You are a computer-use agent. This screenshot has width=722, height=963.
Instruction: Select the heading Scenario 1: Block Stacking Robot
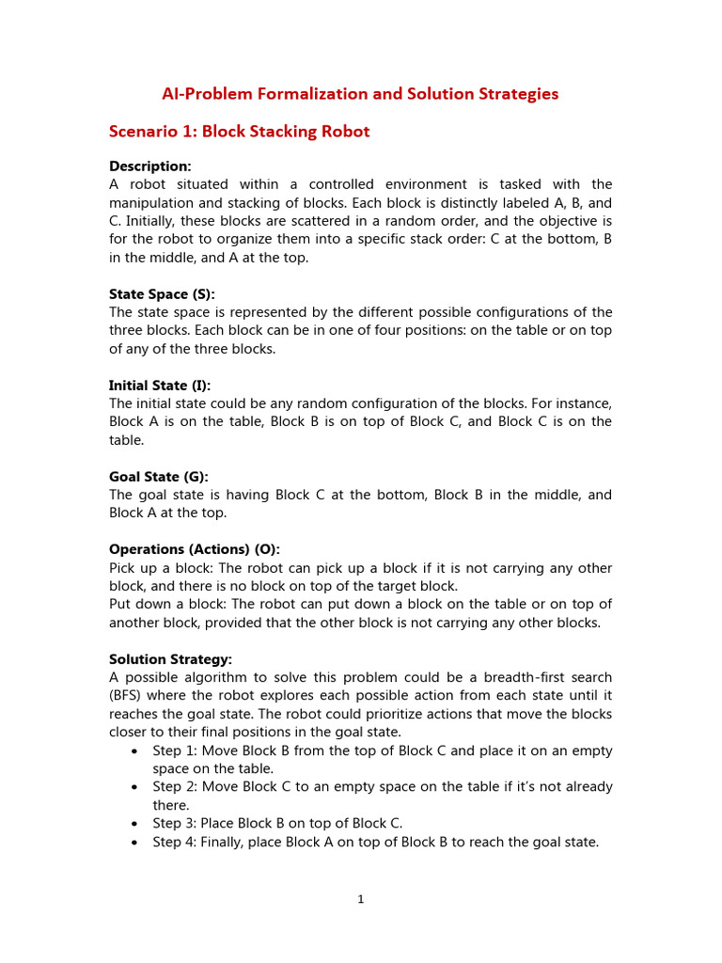tap(240, 131)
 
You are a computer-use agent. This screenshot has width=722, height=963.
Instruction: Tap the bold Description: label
tap(150, 166)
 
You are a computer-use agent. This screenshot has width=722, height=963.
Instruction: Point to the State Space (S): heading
tap(162, 294)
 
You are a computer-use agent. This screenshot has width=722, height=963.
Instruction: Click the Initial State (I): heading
tap(160, 386)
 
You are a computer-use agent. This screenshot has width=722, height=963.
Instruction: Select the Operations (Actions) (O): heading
tap(195, 549)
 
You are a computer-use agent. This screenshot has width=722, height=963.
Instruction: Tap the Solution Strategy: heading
tap(170, 659)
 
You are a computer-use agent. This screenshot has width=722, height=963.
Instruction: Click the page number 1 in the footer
tap(360, 899)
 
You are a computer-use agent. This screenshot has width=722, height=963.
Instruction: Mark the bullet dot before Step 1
tap(137, 750)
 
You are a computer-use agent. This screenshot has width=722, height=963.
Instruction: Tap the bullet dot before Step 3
tap(137, 824)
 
